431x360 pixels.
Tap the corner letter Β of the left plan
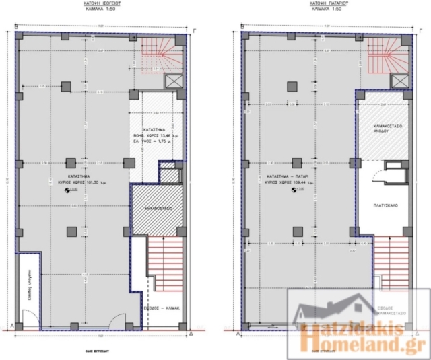pos(16,26)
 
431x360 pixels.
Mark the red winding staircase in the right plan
pos(389,55)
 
